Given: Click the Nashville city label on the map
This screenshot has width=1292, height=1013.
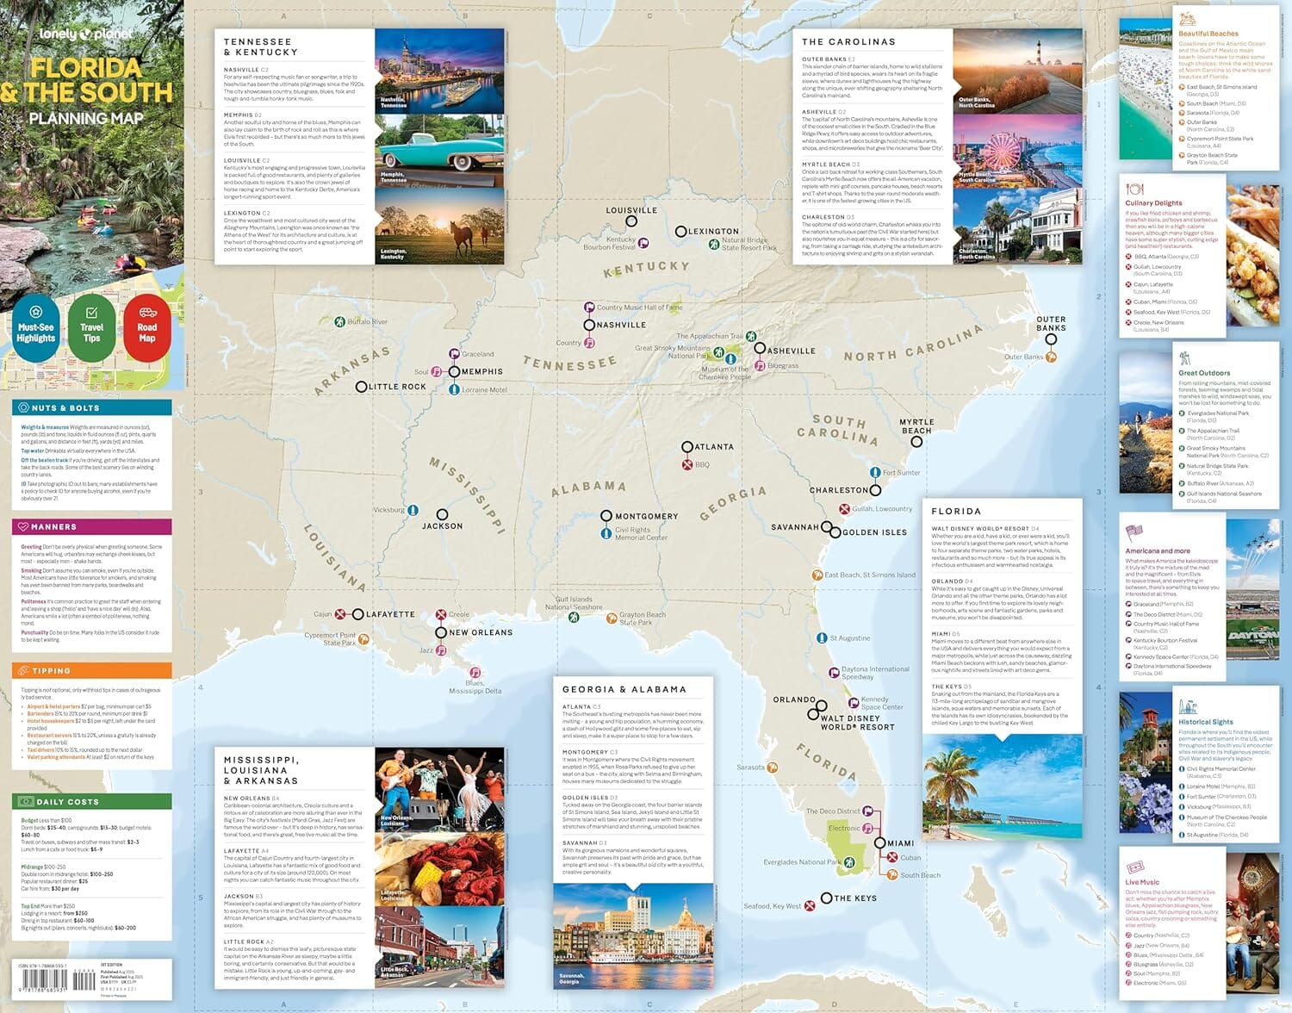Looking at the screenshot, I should [621, 326].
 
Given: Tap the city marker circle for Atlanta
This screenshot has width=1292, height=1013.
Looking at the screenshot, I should [687, 447].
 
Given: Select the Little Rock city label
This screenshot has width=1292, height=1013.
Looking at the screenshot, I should [397, 387].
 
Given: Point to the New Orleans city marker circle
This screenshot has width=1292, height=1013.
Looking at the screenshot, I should [441, 632].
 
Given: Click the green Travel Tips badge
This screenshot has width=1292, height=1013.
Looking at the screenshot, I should [91, 328].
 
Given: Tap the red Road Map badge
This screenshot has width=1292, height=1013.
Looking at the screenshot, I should [147, 328].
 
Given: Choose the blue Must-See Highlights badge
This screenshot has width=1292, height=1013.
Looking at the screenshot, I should [36, 328].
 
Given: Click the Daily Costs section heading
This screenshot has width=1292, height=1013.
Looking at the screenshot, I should [67, 802].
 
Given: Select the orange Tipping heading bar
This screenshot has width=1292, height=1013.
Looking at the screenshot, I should [91, 670].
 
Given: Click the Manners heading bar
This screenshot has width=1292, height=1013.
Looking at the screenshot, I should [91, 526].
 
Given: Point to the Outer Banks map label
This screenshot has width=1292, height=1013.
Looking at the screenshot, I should [1051, 323].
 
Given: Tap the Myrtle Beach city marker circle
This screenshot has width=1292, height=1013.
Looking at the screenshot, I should [916, 442].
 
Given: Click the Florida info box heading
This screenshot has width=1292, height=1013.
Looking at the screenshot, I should [956, 511].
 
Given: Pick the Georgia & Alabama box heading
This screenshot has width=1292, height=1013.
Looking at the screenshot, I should [624, 689].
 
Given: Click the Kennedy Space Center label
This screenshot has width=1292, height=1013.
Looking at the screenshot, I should [882, 704].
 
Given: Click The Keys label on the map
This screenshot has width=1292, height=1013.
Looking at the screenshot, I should [855, 898].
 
